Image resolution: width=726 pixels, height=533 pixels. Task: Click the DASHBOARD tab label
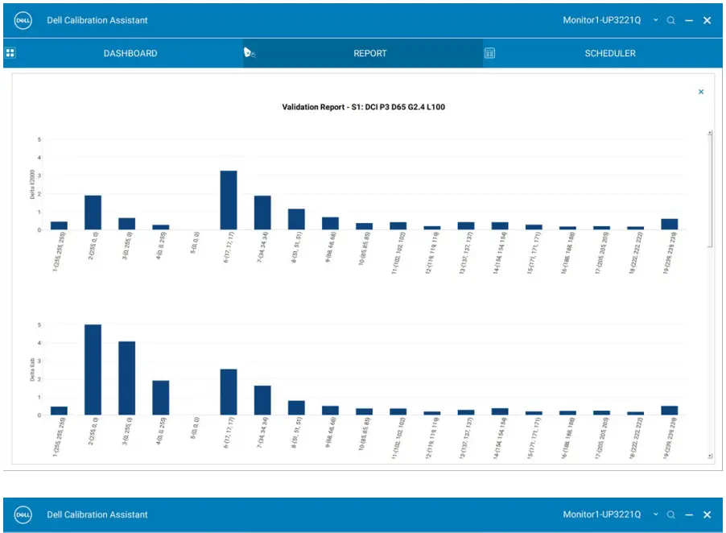point(130,54)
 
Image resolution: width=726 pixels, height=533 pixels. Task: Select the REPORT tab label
point(370,54)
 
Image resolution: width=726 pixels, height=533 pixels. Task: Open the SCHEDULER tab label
point(610,54)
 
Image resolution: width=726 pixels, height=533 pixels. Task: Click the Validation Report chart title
point(364,106)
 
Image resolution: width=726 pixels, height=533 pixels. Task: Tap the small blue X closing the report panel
point(701,93)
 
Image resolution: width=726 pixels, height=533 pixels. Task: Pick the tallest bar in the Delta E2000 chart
point(229,200)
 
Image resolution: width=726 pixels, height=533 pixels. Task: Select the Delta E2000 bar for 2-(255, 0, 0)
point(93,213)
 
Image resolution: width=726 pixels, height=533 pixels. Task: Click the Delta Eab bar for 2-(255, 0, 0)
point(93,370)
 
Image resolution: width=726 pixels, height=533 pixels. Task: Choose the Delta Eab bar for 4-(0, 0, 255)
point(161,398)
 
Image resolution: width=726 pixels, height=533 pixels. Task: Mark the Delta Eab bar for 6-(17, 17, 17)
point(229,392)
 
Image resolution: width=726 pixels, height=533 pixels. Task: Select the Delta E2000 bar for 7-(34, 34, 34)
point(262,213)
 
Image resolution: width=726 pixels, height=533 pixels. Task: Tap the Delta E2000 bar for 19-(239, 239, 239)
point(669,225)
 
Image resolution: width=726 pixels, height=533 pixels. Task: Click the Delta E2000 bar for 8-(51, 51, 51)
point(296,220)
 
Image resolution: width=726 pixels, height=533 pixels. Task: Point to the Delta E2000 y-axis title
point(33,184)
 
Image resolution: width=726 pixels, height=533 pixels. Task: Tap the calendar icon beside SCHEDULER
point(489,54)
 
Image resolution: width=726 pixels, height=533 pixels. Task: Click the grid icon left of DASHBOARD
point(10,54)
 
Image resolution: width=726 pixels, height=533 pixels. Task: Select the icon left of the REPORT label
point(250,54)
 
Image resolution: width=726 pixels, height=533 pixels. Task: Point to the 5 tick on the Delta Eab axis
point(39,324)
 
